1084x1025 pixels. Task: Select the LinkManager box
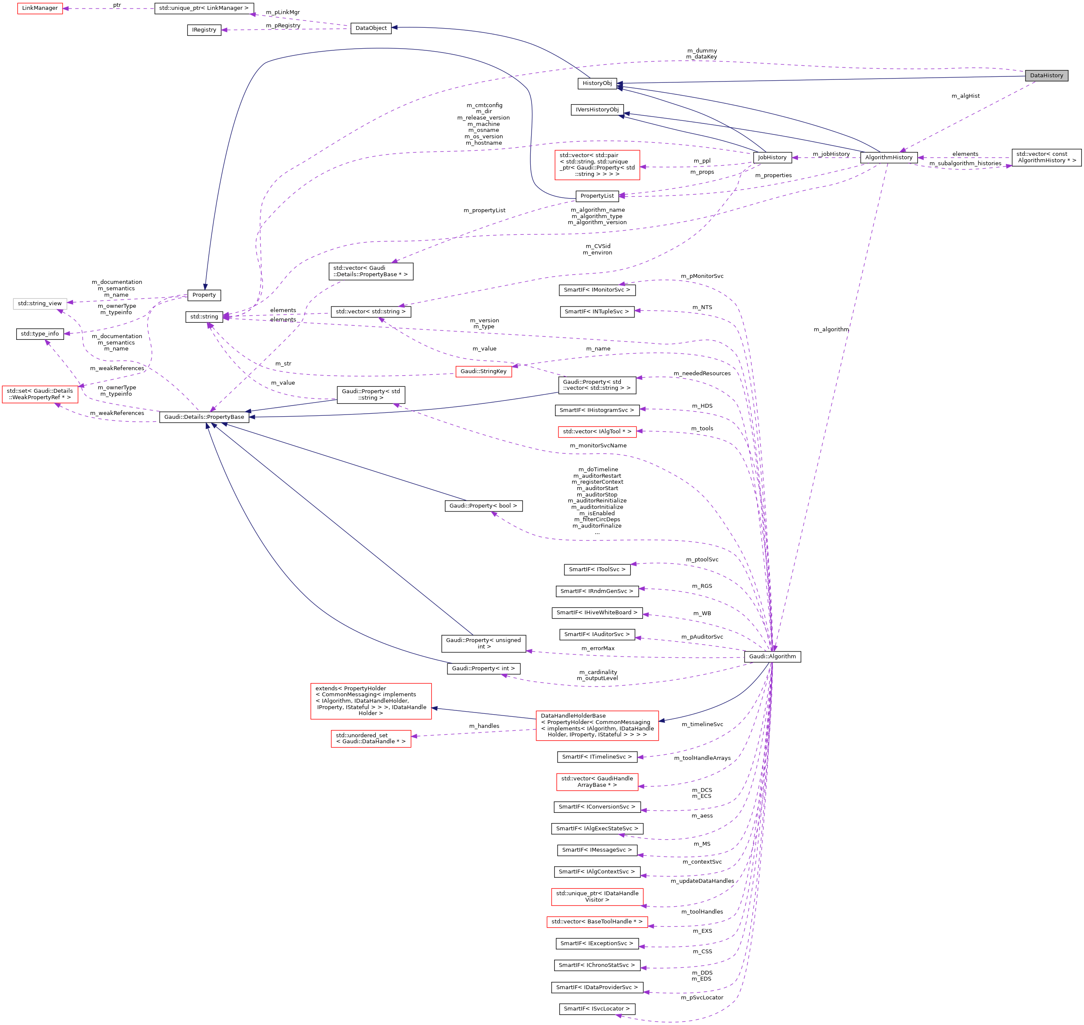pyautogui.click(x=40, y=8)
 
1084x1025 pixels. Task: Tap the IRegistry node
pyautogui.click(x=204, y=30)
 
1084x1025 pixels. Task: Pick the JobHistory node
pyautogui.click(x=772, y=158)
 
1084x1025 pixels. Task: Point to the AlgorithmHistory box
pyautogui.click(x=888, y=158)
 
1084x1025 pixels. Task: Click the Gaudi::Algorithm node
pyautogui.click(x=772, y=656)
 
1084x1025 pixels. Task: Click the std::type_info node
pyautogui.click(x=40, y=334)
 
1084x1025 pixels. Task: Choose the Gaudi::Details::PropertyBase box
pyautogui.click(x=204, y=417)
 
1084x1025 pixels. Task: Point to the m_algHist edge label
pyautogui.click(x=965, y=96)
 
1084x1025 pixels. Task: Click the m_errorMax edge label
pyautogui.click(x=597, y=648)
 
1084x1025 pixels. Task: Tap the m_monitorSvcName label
pyautogui.click(x=598, y=446)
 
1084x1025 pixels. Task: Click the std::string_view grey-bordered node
pyautogui.click(x=40, y=303)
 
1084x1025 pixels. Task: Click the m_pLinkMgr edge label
pyautogui.click(x=283, y=12)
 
